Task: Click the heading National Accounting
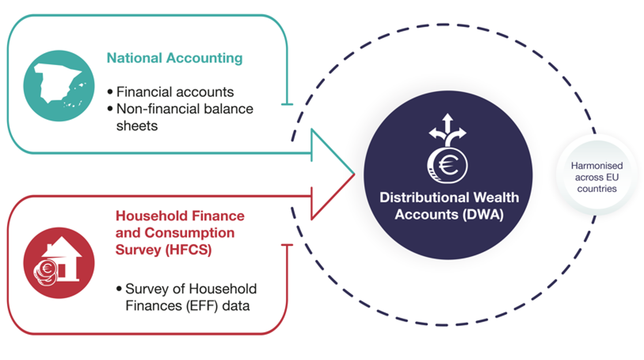coord(174,58)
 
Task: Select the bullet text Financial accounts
coord(175,92)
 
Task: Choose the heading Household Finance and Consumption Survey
coord(180,232)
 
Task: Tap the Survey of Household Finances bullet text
coord(190,297)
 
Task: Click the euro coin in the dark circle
coord(447,164)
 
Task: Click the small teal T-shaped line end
coord(287,104)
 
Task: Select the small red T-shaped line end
coord(287,245)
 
